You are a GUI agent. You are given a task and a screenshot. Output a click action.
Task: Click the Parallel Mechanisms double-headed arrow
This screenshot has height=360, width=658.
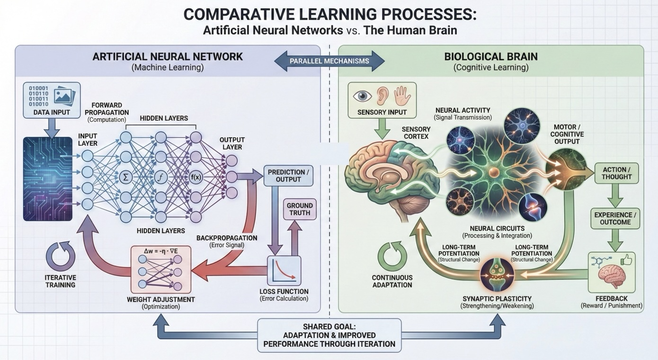coord(329,62)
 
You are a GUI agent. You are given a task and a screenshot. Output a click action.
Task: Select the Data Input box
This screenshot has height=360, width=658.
coord(52,101)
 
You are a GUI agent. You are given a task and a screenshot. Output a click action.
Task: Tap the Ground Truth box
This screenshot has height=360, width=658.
coord(299,209)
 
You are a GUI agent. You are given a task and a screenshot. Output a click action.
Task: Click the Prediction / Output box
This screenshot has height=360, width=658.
coord(288,176)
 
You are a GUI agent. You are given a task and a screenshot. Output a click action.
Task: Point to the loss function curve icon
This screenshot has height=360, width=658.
coord(284,270)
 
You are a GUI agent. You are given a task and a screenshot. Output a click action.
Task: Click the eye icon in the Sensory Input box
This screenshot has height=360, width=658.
coord(363,96)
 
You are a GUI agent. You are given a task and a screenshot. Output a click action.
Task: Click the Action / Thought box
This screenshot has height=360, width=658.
coord(617,173)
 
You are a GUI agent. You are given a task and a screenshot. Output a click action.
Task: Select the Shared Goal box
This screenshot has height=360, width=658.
coord(329,335)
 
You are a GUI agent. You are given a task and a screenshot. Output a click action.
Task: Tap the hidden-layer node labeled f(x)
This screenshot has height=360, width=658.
coord(196,178)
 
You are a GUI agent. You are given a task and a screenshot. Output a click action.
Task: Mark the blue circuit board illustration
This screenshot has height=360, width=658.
coord(47,179)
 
